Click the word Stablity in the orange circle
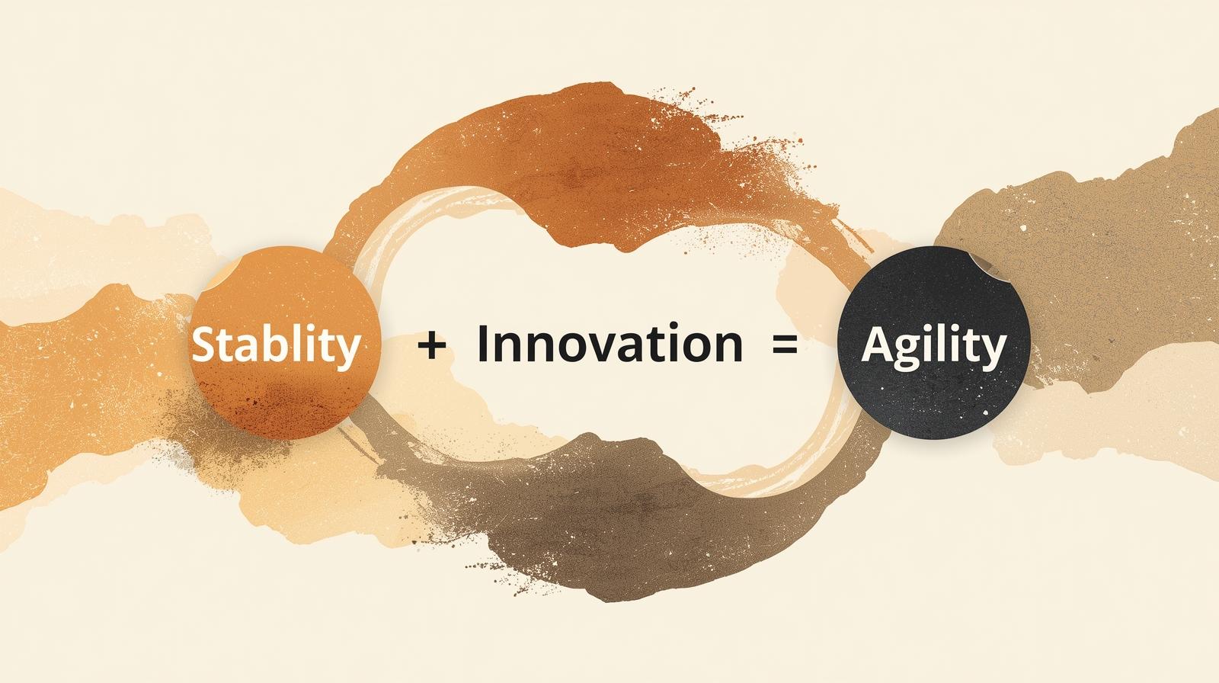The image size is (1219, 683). [x=276, y=345]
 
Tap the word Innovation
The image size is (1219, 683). [x=609, y=343]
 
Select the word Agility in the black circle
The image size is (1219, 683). [x=934, y=346]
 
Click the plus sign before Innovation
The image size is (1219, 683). [x=432, y=345]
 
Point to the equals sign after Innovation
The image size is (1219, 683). [x=785, y=345]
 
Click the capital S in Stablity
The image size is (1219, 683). [x=204, y=345]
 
